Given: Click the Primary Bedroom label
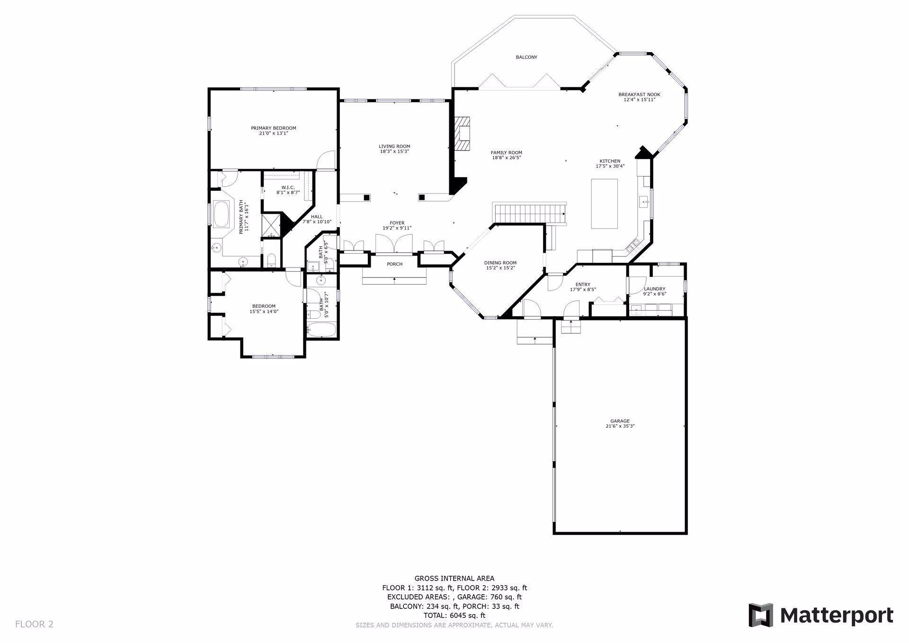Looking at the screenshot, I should click(x=273, y=128).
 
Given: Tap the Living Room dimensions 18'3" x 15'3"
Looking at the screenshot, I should click(x=394, y=152).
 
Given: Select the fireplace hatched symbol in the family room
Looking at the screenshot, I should click(x=463, y=134).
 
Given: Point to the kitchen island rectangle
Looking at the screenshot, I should click(x=604, y=204).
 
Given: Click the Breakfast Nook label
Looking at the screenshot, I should click(x=639, y=94).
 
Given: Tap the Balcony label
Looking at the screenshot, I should click(x=526, y=57).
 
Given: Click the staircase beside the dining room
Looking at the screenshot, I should click(x=529, y=213).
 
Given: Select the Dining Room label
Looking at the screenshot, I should click(x=500, y=263).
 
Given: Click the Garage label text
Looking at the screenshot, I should click(x=619, y=421).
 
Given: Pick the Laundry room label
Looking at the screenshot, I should click(x=654, y=289).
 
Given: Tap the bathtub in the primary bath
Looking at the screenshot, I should click(x=221, y=214).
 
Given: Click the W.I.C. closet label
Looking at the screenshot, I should click(x=288, y=188).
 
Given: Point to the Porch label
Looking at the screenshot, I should click(x=394, y=264).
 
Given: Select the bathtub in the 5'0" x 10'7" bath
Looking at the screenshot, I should click(x=321, y=330).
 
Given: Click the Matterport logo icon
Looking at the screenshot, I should click(x=760, y=616).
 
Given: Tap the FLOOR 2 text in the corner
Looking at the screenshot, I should click(x=34, y=624).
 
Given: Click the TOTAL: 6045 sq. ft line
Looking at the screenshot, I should click(x=454, y=616).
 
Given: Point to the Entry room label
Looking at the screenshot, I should click(x=583, y=285).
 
